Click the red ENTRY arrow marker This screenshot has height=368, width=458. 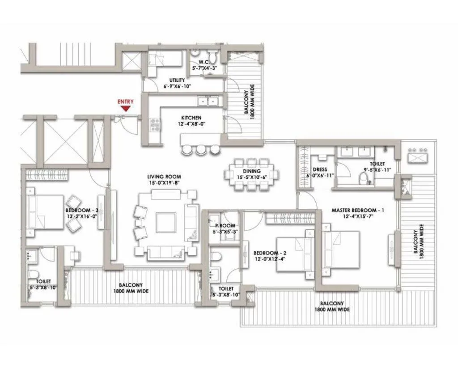click(126, 108)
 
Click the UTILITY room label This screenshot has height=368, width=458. click(177, 80)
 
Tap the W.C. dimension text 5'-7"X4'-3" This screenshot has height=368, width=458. click(204, 68)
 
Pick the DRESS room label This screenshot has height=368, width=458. click(320, 170)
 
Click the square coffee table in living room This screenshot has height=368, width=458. click(166, 223)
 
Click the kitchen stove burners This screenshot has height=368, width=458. click(156, 124)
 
